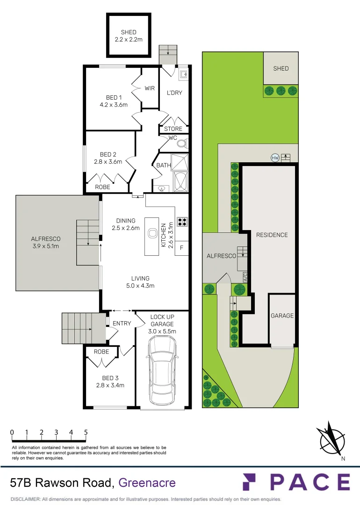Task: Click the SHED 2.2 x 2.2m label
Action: [129, 36]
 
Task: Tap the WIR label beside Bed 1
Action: [150, 88]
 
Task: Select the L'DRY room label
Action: [174, 93]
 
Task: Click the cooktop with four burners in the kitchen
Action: [182, 222]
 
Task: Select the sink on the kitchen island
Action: [152, 234]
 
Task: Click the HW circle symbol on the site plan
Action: [275, 158]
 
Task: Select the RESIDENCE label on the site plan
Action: [272, 235]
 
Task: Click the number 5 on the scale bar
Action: [86, 433]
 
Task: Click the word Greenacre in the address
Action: [147, 483]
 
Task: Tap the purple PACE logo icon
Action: [252, 482]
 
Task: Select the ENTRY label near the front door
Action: [122, 324]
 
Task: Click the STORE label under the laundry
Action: [173, 129]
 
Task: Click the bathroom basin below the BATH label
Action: [161, 188]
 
